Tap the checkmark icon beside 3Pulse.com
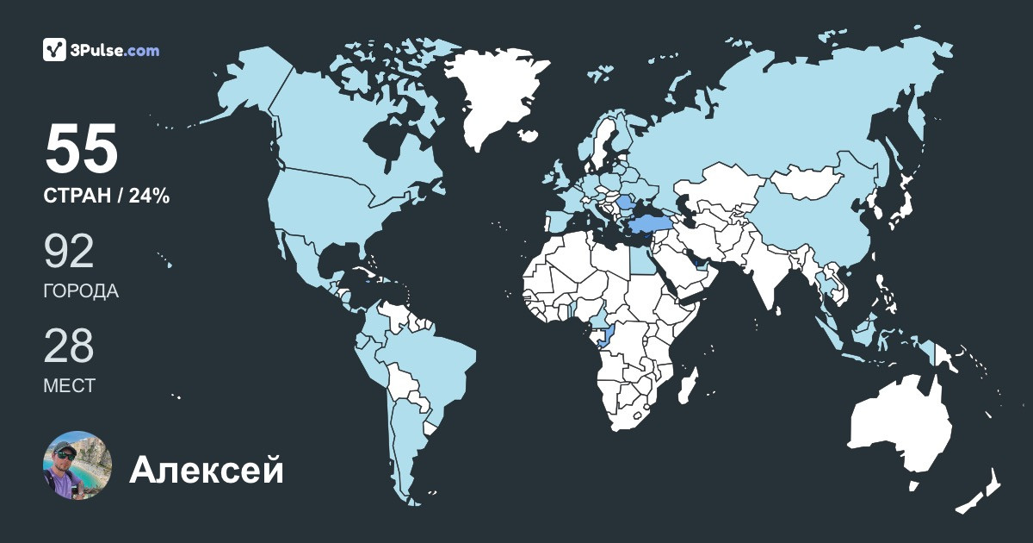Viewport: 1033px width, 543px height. point(55,50)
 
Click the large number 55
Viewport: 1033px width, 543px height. point(81,149)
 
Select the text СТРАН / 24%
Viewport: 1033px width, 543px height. point(106,197)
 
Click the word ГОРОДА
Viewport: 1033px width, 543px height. point(81,291)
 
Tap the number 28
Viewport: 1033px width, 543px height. point(69,346)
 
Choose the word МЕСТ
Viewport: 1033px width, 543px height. point(69,386)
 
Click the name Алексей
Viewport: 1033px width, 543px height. point(207,471)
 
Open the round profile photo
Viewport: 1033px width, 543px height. point(77,465)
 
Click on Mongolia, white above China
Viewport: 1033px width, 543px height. point(806,181)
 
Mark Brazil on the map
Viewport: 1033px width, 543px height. point(430,362)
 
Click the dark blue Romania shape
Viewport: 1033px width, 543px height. point(627,204)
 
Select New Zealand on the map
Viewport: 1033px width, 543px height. point(981,491)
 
